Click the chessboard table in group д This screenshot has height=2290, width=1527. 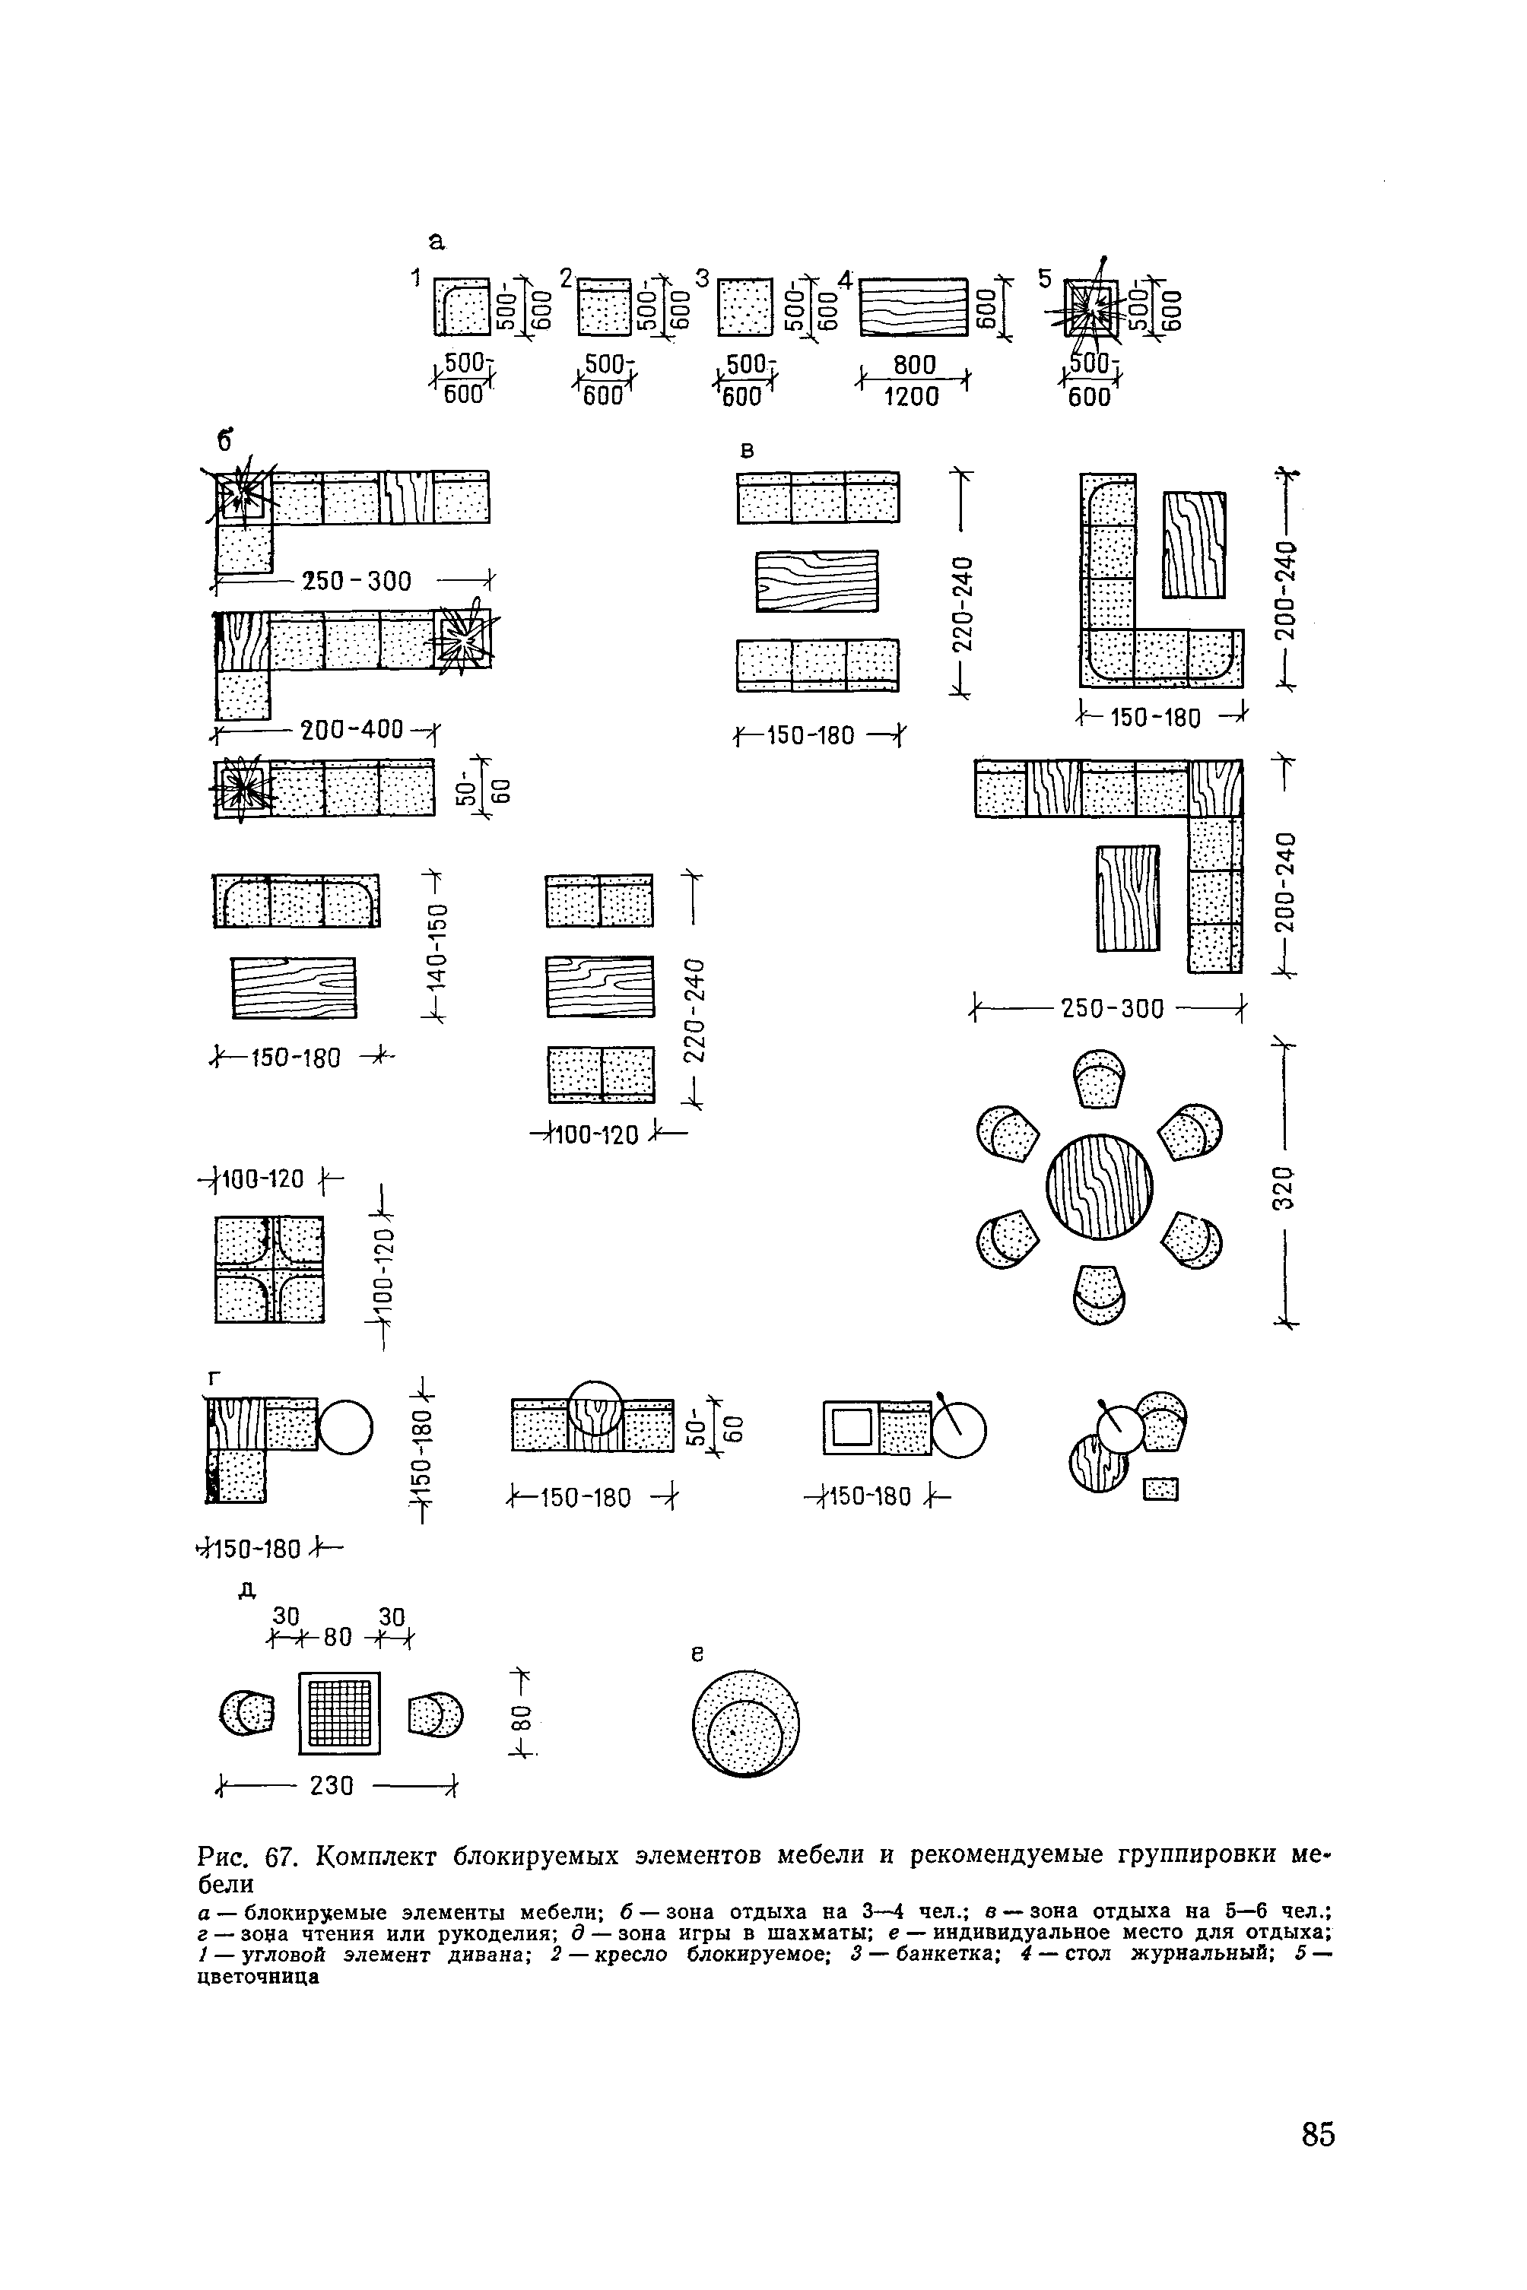point(339,1714)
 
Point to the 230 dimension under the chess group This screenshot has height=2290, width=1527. point(331,1787)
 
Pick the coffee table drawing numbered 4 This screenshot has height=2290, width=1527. point(913,306)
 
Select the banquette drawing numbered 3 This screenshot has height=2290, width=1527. point(744,306)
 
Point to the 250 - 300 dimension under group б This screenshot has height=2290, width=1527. point(357,582)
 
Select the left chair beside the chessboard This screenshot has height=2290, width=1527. point(247,1714)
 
